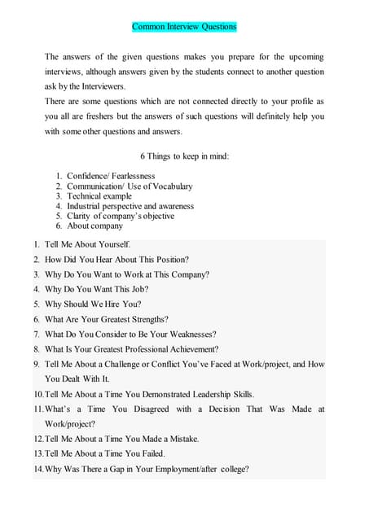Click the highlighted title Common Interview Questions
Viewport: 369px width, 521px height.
click(184, 27)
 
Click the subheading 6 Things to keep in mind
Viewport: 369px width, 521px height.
click(184, 155)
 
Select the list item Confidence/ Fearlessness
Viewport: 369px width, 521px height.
click(111, 176)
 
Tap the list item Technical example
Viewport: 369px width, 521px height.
click(99, 196)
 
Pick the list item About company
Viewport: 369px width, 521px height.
click(94, 226)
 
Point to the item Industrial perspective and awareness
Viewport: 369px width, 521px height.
click(130, 206)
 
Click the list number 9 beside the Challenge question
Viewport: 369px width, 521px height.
click(37, 364)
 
